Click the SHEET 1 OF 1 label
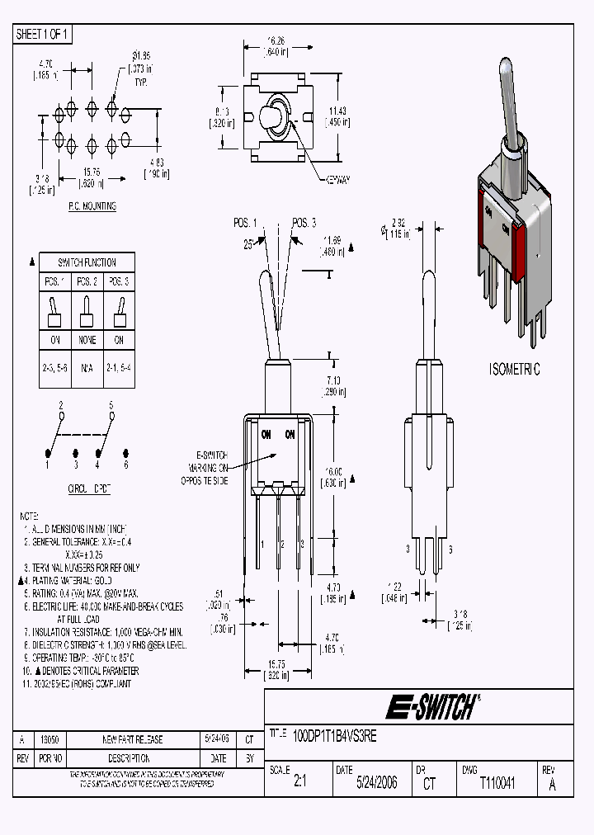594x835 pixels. click(44, 35)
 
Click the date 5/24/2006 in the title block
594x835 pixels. click(376, 783)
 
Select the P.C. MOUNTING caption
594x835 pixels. click(92, 206)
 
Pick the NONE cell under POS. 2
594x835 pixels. click(87, 340)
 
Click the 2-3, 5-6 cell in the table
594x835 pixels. click(54, 361)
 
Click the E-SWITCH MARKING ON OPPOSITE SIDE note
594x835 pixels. click(211, 468)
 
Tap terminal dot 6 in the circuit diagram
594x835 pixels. click(126, 452)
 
